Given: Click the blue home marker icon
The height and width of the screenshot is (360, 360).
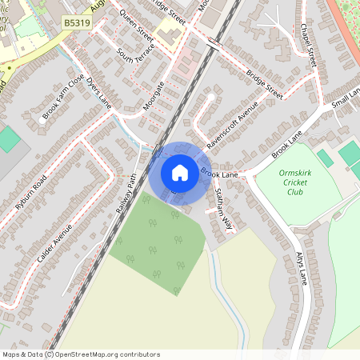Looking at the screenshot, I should click(179, 173).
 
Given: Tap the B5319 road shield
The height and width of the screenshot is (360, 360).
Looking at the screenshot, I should click(77, 25).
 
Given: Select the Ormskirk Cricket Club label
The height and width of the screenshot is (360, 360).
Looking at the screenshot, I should click(294, 182).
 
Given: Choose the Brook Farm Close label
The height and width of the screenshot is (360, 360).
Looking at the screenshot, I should click(63, 98).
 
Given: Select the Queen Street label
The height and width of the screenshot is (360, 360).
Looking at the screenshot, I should click(135, 25).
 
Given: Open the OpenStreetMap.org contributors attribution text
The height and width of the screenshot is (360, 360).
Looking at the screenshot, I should click(104, 354).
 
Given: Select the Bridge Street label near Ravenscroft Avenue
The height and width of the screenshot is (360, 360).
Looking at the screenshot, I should click(265, 85).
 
